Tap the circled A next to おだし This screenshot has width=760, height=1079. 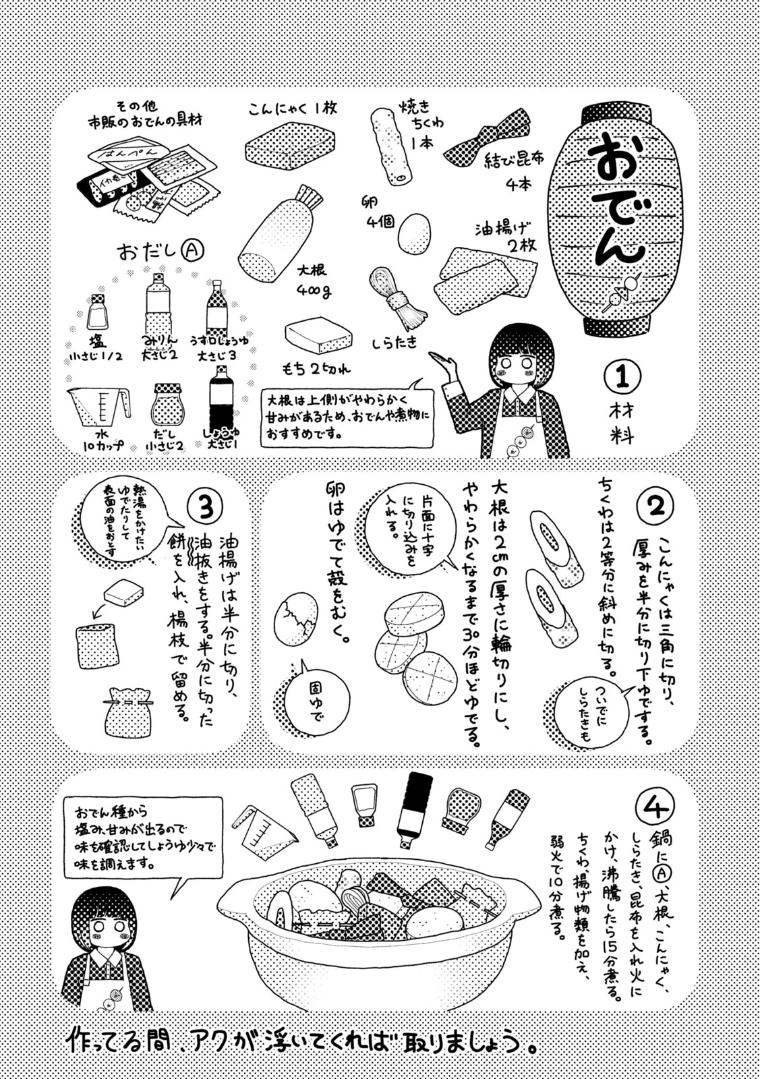tap(192, 251)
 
